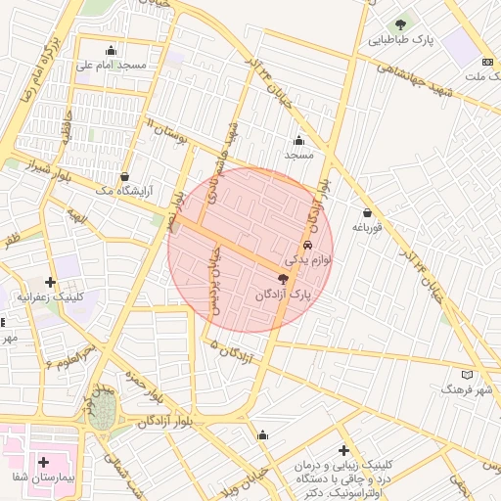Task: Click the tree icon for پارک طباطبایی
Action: [x=398, y=24]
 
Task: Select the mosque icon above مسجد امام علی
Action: [x=111, y=51]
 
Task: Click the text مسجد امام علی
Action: [x=111, y=67]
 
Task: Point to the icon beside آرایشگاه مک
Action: [x=123, y=177]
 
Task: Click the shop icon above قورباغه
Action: [x=367, y=212]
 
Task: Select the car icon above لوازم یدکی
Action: [x=307, y=246]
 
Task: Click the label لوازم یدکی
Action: [x=308, y=261]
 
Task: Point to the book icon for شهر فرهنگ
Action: [x=466, y=374]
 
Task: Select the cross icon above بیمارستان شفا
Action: [x=43, y=461]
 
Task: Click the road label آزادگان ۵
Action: [x=231, y=351]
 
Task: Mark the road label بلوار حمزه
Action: [x=142, y=387]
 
